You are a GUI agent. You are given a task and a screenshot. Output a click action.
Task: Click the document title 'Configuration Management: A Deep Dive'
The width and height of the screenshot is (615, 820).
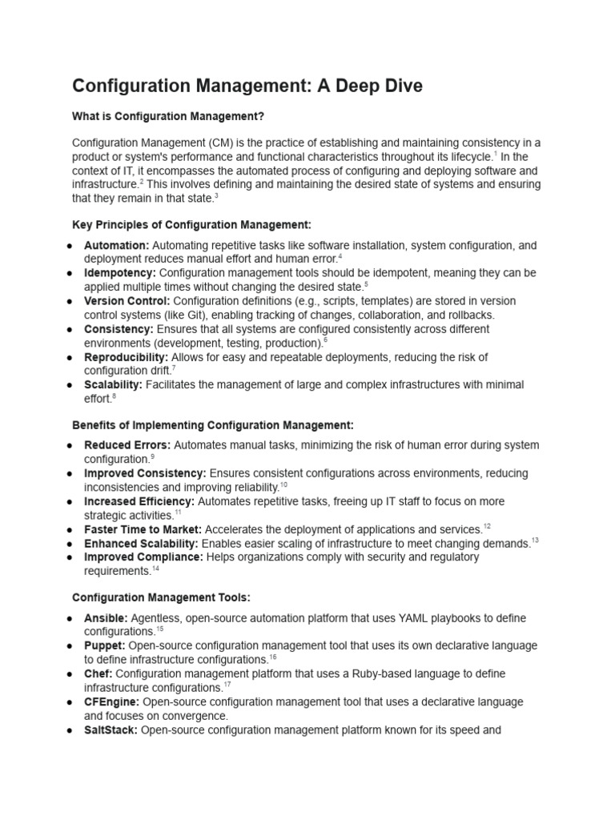coord(247,86)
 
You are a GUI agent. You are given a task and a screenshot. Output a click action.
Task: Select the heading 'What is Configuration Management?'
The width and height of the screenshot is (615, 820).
coord(167,116)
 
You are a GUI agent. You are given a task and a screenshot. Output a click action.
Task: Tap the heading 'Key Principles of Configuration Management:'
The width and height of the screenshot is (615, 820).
coord(191,225)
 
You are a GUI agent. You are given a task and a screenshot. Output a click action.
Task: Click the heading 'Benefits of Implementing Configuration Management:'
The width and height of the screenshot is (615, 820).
coord(212,424)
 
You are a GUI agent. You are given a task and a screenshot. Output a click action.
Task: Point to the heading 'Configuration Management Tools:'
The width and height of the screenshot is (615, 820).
coord(161,597)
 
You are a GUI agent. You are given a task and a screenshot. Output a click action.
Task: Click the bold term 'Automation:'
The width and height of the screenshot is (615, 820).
coord(117,245)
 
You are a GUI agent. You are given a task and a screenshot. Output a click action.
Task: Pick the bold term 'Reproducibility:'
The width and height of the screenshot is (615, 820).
coord(127,356)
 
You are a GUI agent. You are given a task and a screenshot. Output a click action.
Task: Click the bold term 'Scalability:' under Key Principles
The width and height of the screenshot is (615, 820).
coord(113,384)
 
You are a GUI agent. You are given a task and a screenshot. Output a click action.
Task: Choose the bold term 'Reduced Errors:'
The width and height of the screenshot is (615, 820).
coord(127,445)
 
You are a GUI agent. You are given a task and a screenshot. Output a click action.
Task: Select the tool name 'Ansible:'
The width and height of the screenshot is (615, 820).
coord(106,618)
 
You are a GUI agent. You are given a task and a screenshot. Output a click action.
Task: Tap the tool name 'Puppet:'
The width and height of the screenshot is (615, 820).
coord(105,646)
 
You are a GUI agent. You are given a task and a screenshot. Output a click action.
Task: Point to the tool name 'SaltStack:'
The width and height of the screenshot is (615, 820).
coord(111,730)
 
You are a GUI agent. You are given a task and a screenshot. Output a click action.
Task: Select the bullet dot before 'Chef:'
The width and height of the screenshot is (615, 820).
coord(71,674)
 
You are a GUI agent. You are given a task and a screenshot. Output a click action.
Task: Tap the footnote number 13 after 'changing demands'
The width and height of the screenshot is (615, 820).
coord(535,541)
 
